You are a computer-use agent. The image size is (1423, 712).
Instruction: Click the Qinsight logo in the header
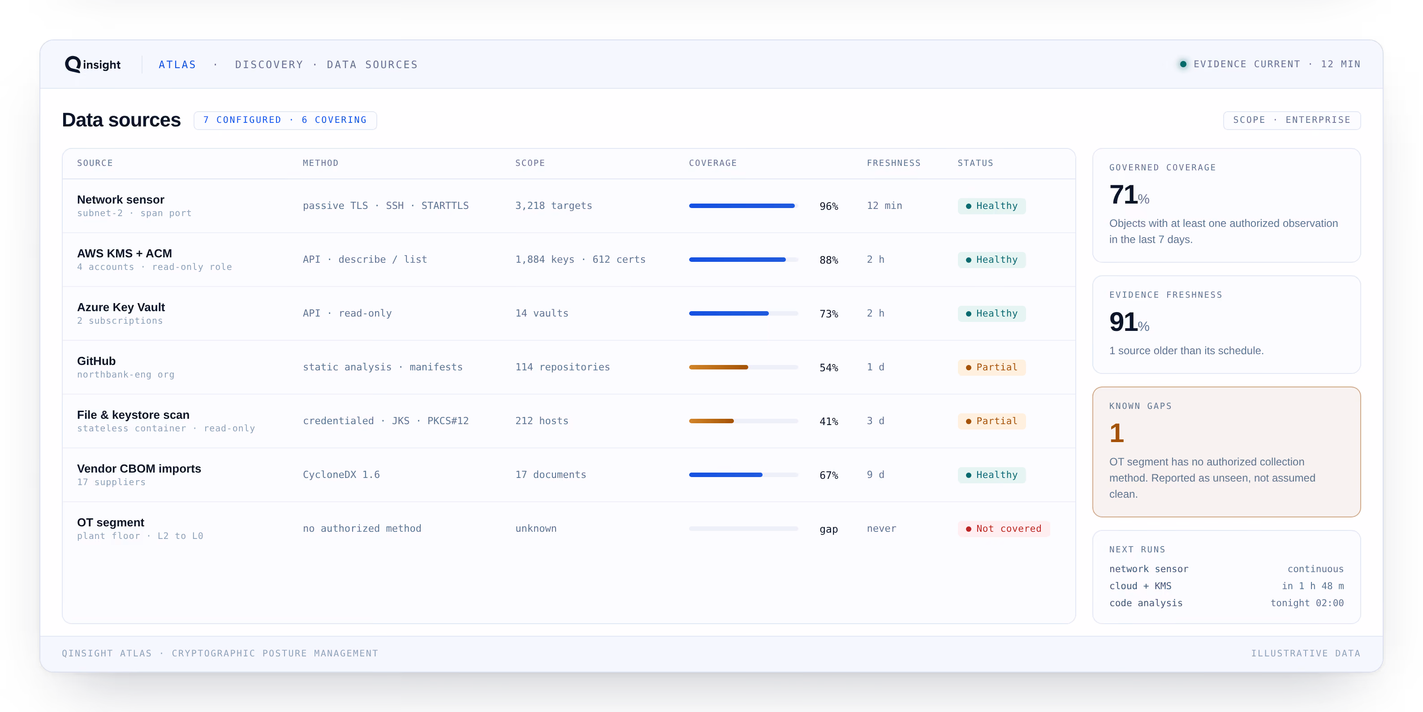tap(93, 65)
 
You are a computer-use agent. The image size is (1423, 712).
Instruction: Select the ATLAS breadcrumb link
tap(177, 65)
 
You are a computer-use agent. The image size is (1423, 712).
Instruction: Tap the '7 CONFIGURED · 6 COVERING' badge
tap(285, 120)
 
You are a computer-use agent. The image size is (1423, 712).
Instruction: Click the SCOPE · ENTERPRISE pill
tap(1292, 120)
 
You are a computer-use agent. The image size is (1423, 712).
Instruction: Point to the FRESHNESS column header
tap(893, 163)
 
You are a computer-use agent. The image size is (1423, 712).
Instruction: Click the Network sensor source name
tap(121, 200)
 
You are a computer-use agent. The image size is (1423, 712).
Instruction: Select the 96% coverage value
tap(828, 206)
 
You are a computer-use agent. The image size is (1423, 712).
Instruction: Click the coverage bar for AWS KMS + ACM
tap(743, 259)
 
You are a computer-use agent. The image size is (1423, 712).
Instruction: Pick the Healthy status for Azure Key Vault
tap(992, 313)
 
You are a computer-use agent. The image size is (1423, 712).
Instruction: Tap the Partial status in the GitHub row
tap(992, 367)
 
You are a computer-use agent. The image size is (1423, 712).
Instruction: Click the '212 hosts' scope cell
tap(541, 421)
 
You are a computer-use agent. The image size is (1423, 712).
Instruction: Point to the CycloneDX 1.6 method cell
tap(341, 474)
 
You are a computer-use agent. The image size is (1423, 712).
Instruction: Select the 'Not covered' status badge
tap(1003, 529)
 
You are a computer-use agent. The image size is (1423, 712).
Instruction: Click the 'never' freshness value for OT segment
tap(881, 529)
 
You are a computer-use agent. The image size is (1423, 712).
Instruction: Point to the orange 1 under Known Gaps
tap(1117, 433)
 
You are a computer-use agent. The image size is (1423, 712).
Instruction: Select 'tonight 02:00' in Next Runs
tap(1307, 603)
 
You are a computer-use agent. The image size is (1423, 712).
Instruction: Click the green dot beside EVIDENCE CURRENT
tap(1183, 64)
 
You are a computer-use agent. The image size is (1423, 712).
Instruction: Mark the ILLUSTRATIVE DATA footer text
tap(1305, 653)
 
